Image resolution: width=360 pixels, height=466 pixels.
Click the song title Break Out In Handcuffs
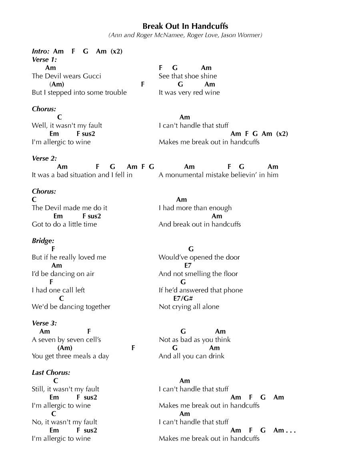(185, 26)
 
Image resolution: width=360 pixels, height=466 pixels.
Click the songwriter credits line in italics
(185, 35)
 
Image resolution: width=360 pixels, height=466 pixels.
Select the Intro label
(41, 51)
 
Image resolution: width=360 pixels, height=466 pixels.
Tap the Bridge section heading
(43, 241)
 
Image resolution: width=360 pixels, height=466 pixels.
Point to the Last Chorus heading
(51, 372)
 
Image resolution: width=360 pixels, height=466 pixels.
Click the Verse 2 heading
(44, 158)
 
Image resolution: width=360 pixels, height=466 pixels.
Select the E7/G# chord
(184, 298)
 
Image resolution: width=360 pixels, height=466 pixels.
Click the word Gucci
(92, 76)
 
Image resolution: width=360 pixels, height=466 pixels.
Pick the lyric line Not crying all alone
(189, 307)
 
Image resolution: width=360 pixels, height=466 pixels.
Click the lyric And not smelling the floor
(198, 274)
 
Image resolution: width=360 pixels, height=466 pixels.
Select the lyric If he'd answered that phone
(200, 290)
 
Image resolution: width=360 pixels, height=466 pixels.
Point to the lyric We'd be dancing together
(71, 307)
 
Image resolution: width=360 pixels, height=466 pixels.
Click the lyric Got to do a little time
(64, 224)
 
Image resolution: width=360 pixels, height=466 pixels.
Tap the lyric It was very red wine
(189, 92)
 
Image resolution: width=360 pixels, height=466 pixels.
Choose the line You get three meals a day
(70, 356)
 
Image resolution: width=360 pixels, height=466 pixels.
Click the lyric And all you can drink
(191, 356)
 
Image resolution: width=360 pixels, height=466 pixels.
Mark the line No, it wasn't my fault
(64, 422)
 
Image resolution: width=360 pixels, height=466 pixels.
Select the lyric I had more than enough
(195, 208)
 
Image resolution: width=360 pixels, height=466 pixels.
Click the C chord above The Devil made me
(34, 200)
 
